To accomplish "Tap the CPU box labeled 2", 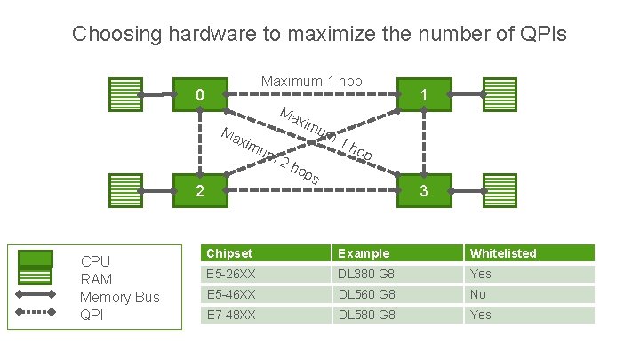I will click(x=201, y=190).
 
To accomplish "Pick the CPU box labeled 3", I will click(x=424, y=190).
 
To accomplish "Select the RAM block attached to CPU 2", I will click(x=124, y=190).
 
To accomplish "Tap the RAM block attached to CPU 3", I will click(x=500, y=190).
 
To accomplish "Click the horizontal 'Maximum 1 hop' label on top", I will click(x=311, y=82).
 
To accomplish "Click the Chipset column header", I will click(x=227, y=253).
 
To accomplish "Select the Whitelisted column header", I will click(x=503, y=253).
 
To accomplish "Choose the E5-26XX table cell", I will click(x=230, y=274).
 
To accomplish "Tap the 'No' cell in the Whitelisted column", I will click(x=478, y=294).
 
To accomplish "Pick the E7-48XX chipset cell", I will click(x=230, y=315).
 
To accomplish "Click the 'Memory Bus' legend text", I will click(x=119, y=297).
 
